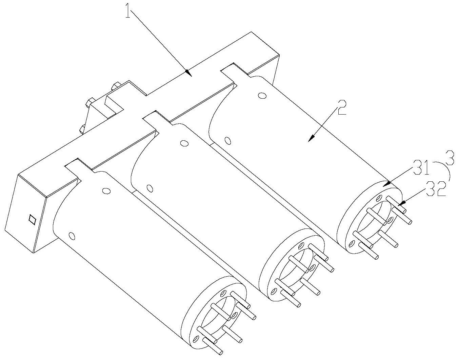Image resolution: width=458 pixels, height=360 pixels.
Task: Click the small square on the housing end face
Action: coord(32,219)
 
